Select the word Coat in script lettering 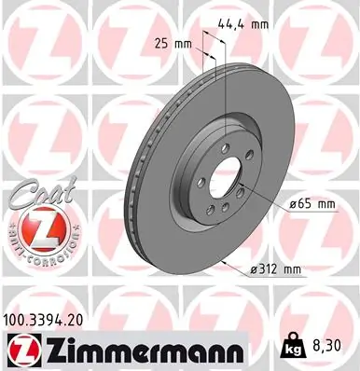pyautogui.click(x=39, y=190)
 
